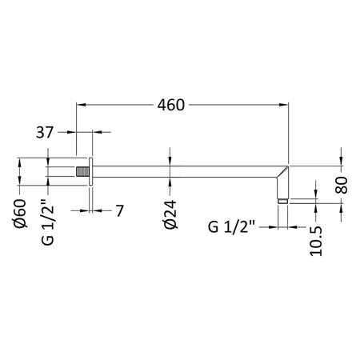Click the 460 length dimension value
(x=170, y=105)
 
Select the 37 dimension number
(x=45, y=132)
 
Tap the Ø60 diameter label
(x=19, y=214)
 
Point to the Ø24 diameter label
(x=170, y=214)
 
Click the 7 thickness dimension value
(x=120, y=210)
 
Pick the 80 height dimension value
(x=342, y=185)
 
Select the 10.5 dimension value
(x=316, y=241)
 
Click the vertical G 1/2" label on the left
(x=48, y=222)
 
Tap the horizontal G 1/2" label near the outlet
(x=231, y=227)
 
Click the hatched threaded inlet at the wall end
(x=82, y=172)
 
